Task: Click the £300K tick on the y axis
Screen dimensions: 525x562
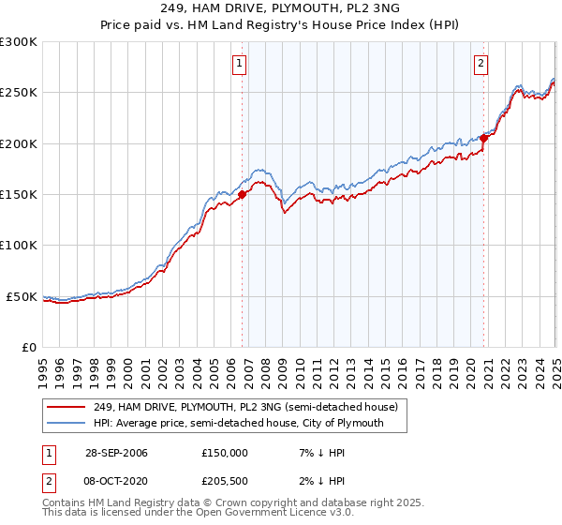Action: [19, 42]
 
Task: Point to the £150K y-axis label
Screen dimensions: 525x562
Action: [19, 194]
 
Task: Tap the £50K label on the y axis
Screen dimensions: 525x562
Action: [22, 296]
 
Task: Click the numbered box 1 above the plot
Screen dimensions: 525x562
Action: [240, 64]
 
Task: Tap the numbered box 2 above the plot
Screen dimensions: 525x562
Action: [481, 64]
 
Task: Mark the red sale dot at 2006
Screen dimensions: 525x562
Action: [243, 195]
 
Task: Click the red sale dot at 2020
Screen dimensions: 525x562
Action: [484, 138]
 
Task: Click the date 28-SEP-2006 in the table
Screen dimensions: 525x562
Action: [116, 453]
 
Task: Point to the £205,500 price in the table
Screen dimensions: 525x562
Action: [225, 482]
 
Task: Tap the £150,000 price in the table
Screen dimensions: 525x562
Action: [225, 453]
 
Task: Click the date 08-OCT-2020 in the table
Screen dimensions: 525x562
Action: [116, 482]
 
